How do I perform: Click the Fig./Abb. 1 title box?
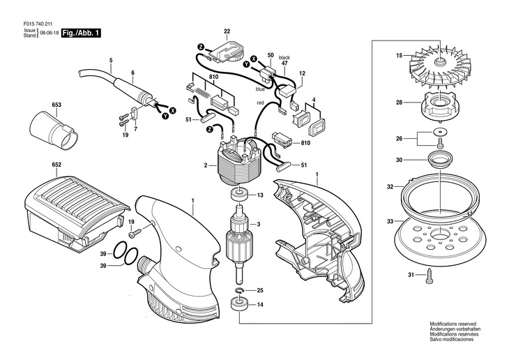(81, 33)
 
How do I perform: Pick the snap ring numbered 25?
(239, 290)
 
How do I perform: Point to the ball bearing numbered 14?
(239, 304)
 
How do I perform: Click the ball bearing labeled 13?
(239, 195)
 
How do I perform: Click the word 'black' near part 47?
(284, 57)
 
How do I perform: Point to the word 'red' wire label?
(260, 103)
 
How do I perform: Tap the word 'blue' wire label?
(260, 89)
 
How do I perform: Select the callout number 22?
(227, 31)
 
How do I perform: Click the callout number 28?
(399, 103)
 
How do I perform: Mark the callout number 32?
(390, 187)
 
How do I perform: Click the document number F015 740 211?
(33, 24)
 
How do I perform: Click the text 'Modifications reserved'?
(453, 324)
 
